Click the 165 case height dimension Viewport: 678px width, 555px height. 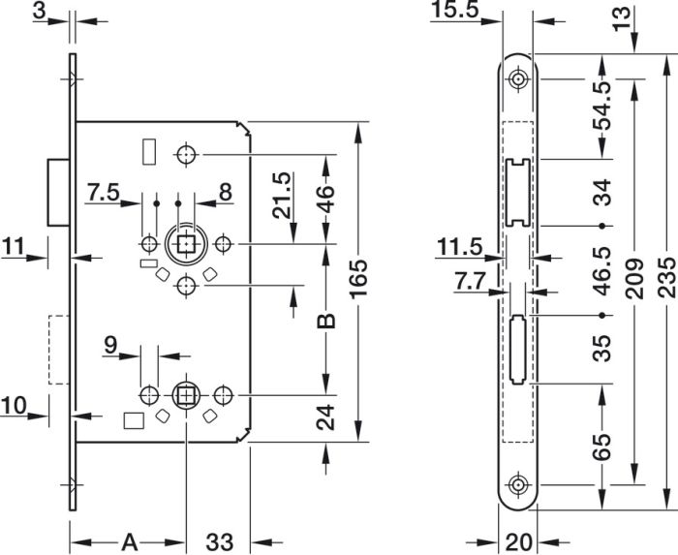pyautogui.click(x=358, y=279)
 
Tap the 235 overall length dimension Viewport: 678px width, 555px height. pyautogui.click(x=666, y=277)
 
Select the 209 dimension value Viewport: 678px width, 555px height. pyautogui.click(x=634, y=279)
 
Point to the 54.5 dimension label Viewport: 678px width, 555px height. pyautogui.click(x=601, y=106)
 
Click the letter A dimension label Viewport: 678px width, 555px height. pyautogui.click(x=129, y=542)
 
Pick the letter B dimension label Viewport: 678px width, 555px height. pyautogui.click(x=326, y=322)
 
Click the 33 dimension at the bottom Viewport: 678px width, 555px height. pyautogui.click(x=219, y=542)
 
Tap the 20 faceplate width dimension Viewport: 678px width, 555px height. pyautogui.click(x=518, y=542)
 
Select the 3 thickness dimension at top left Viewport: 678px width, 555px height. pyautogui.click(x=39, y=12)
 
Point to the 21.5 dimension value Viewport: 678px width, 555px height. pyautogui.click(x=282, y=196)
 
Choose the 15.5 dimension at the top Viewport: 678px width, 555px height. pyautogui.click(x=455, y=10)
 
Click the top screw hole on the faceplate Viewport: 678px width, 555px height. pyautogui.click(x=517, y=79)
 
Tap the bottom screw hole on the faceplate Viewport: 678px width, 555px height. pyautogui.click(x=517, y=485)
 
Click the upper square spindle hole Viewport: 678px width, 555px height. pyautogui.click(x=186, y=244)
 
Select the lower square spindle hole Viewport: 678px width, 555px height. pyautogui.click(x=186, y=395)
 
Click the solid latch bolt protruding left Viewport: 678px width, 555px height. pyautogui.click(x=58, y=193)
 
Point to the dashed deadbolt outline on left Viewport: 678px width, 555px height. pyautogui.click(x=59, y=350)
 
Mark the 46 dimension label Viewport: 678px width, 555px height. pyautogui.click(x=326, y=200)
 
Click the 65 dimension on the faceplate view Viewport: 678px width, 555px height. pyautogui.click(x=601, y=447)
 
